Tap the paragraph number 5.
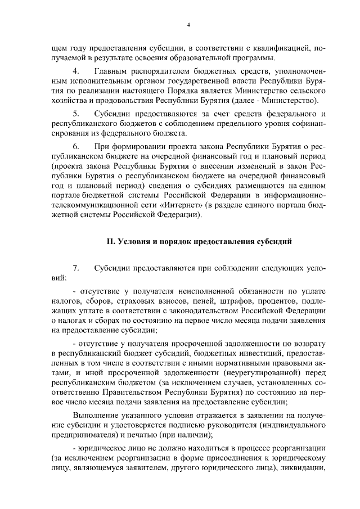(76, 114)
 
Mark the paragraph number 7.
(76, 268)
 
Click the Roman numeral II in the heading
(110, 242)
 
